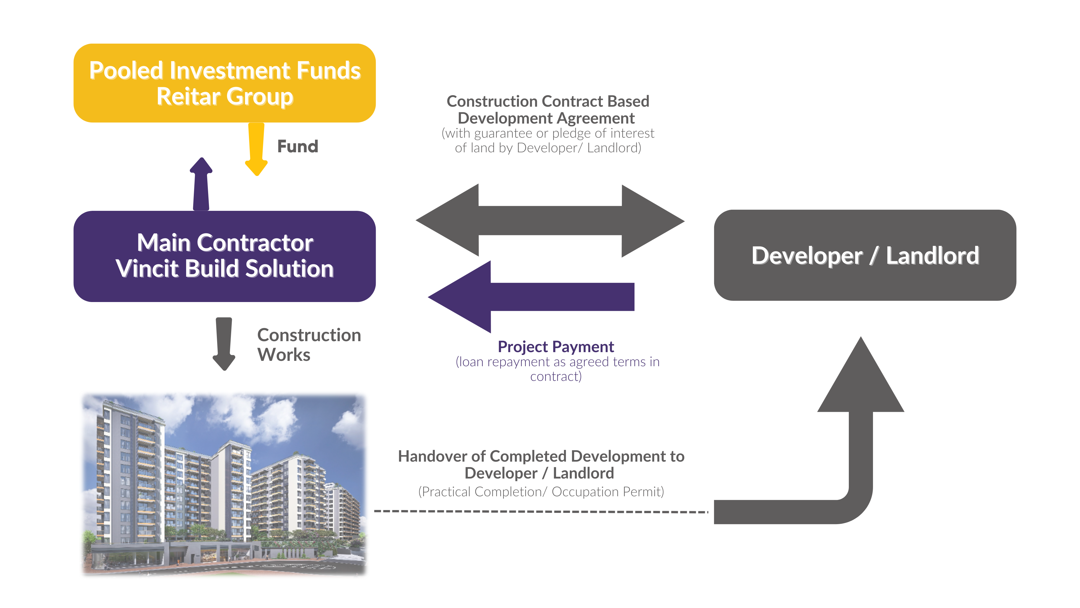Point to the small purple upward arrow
[201, 185]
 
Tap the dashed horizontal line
[541, 511]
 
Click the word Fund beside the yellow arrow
[298, 146]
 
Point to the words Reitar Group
[225, 97]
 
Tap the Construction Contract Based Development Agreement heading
[548, 109]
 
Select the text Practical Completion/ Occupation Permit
[541, 491]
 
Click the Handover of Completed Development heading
[541, 464]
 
